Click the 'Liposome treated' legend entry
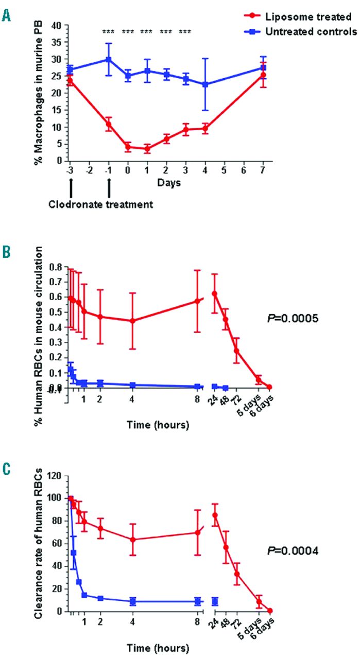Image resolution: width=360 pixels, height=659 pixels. [310, 16]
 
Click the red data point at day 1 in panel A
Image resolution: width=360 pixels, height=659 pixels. [147, 149]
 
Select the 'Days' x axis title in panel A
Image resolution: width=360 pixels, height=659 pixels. [166, 183]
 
